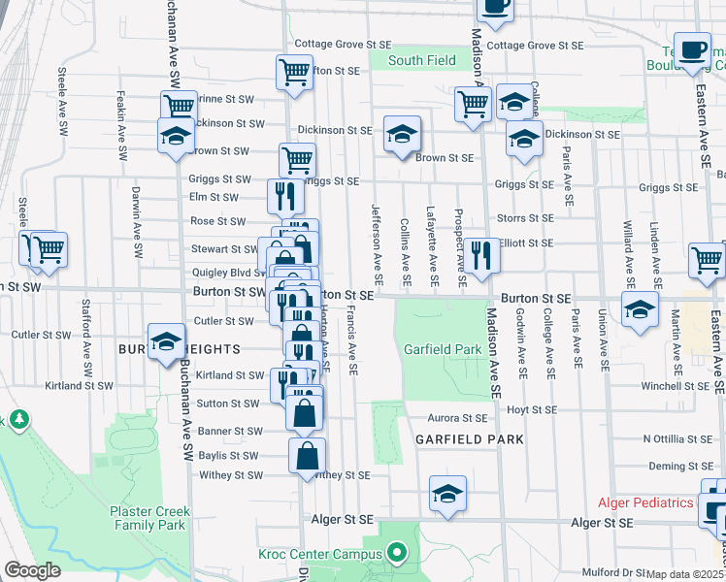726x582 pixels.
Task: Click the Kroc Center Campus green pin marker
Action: [396, 555]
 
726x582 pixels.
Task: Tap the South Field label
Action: [422, 60]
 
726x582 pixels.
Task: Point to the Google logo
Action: [32, 571]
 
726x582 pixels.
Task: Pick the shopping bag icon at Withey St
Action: [307, 456]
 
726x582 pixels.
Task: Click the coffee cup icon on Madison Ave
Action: [496, 6]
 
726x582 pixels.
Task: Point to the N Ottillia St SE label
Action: [678, 438]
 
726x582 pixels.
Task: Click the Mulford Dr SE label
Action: [614, 573]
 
